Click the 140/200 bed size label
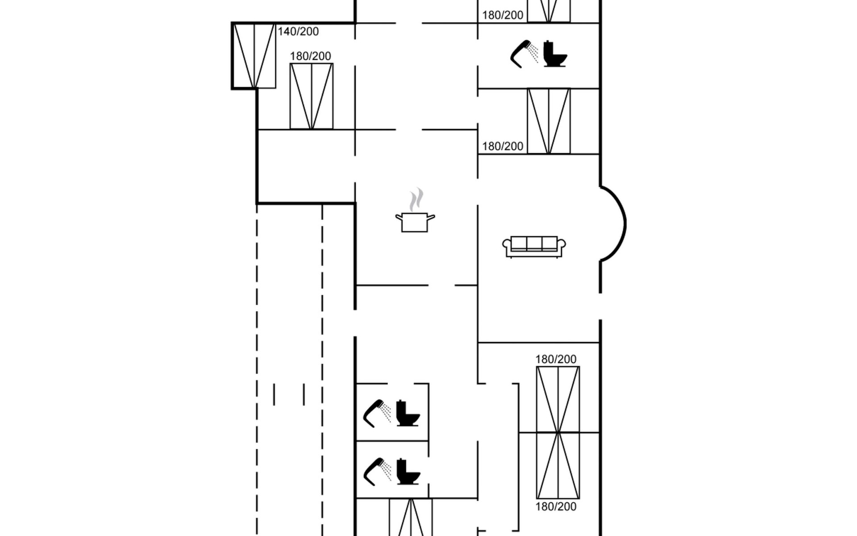click(298, 32)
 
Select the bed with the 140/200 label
click(254, 56)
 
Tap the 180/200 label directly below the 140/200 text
click(311, 56)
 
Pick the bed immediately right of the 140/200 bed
click(312, 96)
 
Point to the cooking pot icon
click(415, 222)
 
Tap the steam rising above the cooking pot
click(416, 199)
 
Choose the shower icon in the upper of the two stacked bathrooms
click(377, 414)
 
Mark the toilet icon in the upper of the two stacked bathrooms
click(408, 413)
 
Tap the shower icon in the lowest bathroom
click(377, 472)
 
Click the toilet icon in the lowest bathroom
click(408, 471)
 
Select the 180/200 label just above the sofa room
click(503, 147)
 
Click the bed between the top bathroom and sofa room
click(549, 121)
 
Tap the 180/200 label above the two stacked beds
click(556, 359)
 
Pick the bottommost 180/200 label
click(556, 507)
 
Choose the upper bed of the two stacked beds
click(558, 399)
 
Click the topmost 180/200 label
click(503, 15)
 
